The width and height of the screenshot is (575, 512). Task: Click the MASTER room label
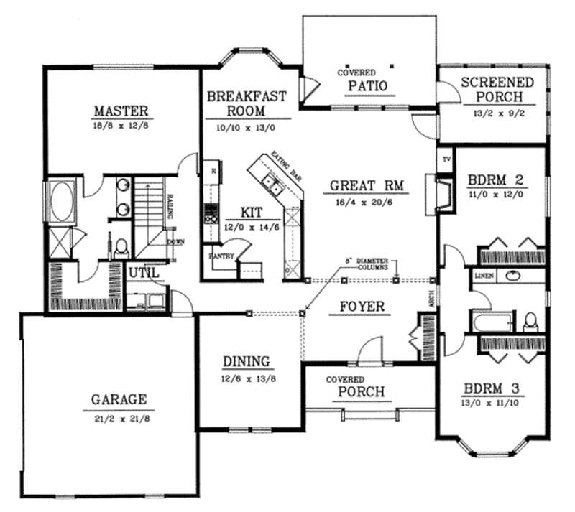121,111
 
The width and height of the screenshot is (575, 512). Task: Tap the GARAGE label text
119,399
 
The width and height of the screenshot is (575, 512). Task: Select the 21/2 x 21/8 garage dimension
119,416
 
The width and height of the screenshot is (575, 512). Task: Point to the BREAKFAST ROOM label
247,103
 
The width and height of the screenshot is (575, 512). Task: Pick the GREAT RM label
368,185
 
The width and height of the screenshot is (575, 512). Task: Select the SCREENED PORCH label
497,90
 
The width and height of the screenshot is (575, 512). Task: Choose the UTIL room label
142,273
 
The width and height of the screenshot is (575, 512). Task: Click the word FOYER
362,307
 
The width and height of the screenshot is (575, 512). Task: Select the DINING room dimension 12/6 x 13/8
246,378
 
